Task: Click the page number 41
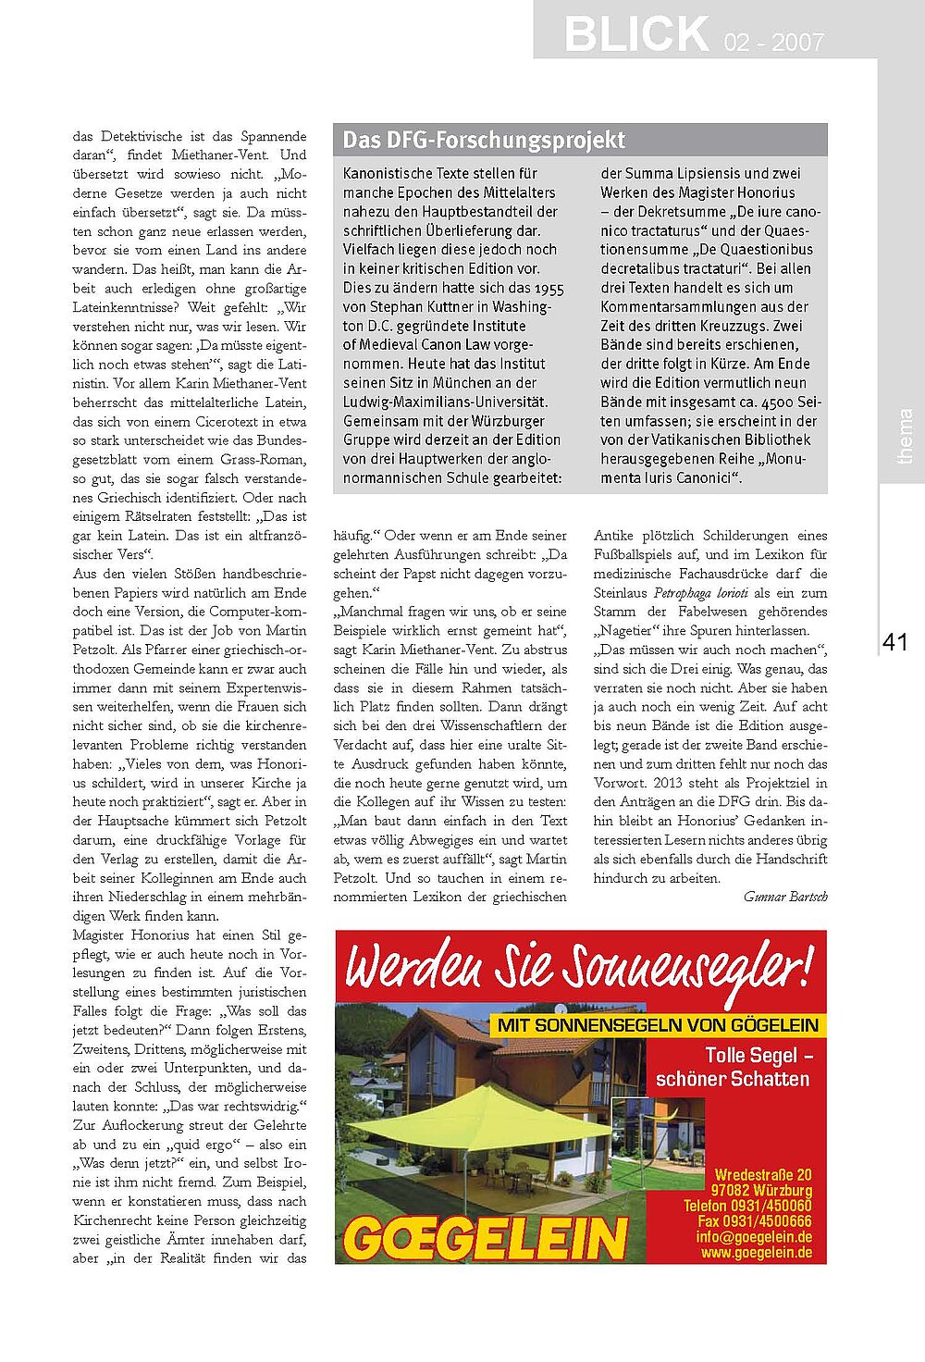tap(895, 642)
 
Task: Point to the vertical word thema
tap(905, 436)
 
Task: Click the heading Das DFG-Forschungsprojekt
tap(484, 141)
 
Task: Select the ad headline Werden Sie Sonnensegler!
tap(579, 968)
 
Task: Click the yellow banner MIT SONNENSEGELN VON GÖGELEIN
tap(658, 1025)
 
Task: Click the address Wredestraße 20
tap(763, 1175)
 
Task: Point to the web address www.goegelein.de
tap(757, 1253)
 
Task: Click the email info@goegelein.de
tap(754, 1237)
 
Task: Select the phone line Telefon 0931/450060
tap(747, 1206)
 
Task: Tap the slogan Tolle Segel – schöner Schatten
tap(732, 1067)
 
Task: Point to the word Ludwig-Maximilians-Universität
tap(446, 402)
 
